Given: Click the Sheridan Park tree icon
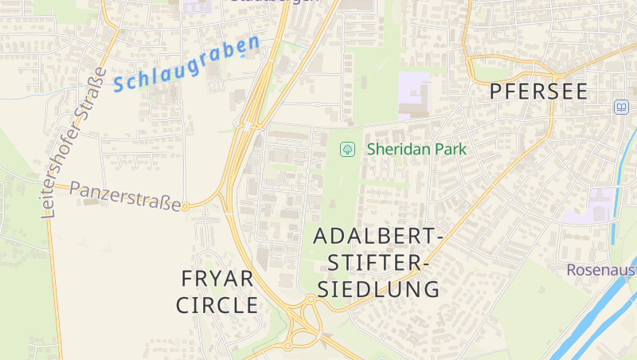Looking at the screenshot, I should (x=347, y=149).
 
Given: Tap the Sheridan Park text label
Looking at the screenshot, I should (x=416, y=149).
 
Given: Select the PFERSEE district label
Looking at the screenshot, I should (x=538, y=92).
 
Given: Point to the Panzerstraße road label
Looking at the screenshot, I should (x=125, y=197).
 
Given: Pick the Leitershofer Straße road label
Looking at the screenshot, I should (x=72, y=143).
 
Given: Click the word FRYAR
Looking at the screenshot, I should (x=217, y=279).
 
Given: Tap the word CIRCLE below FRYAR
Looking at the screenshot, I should (x=217, y=305).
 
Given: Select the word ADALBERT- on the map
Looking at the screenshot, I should (x=378, y=237).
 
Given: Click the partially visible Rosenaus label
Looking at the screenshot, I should (x=601, y=270).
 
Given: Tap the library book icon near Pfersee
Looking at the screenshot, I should (x=620, y=107).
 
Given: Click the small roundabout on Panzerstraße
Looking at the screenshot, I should (x=186, y=206).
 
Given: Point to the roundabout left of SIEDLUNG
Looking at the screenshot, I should (x=310, y=299).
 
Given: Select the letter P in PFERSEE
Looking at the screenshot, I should (x=497, y=92).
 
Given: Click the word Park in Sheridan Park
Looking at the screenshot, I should (x=451, y=149).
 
